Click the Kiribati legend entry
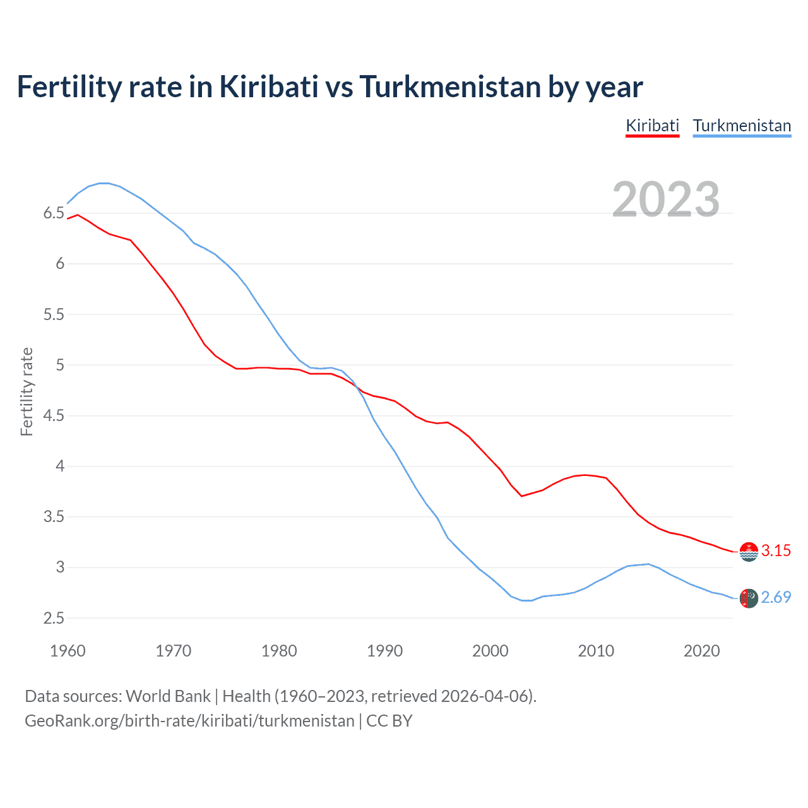coord(652,126)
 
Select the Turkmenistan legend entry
coord(742,126)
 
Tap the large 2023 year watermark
coord(666,199)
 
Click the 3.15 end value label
coord(776,550)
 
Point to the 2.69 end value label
coord(776,597)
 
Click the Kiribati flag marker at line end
coord(749,552)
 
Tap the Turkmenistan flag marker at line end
coord(749,598)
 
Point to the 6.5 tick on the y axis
coord(54,213)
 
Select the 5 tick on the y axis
coord(60,365)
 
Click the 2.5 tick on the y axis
coord(54,618)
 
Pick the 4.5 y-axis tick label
coord(54,415)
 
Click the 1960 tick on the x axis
coord(68,651)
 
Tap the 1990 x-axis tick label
coord(384,651)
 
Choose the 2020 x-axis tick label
coord(701,651)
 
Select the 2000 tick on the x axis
coord(490,651)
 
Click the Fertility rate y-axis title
coord(27,391)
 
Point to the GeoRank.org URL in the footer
coord(189,721)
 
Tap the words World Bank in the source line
coord(168,696)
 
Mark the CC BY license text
coord(389,721)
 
